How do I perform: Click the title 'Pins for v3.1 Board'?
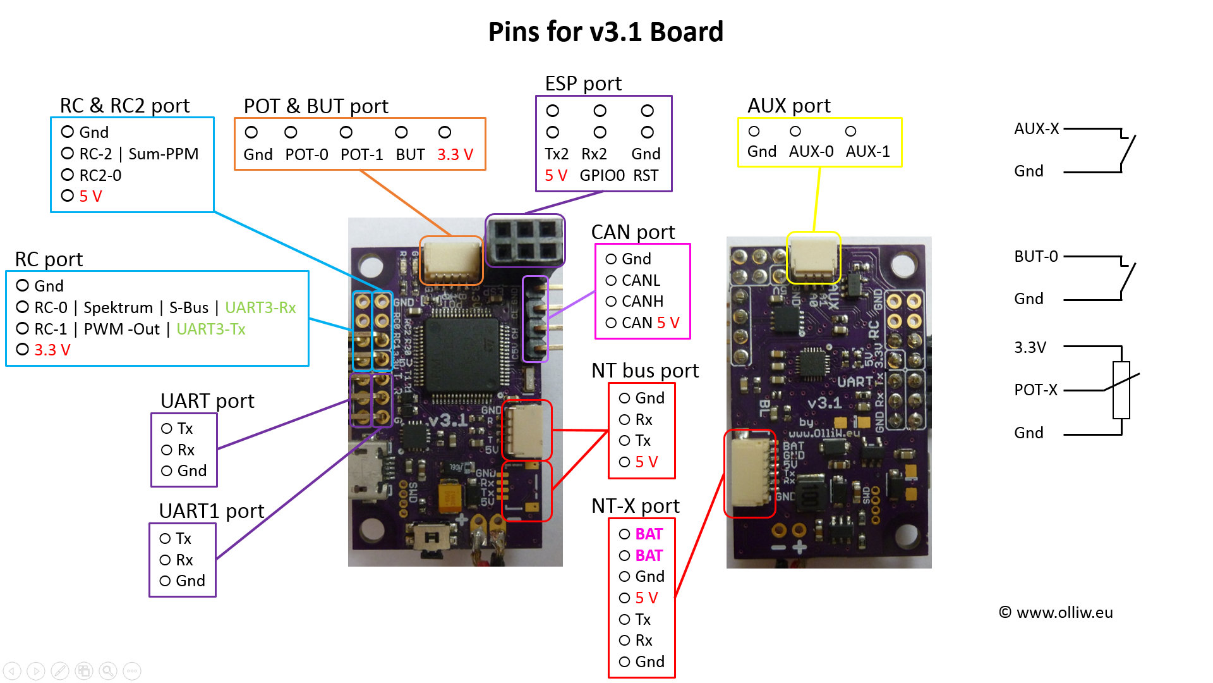[x=605, y=32]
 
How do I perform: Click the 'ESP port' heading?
[x=583, y=83]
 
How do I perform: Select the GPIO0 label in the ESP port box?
[x=602, y=176]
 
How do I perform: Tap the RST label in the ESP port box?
[x=646, y=176]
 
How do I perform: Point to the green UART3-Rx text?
[x=260, y=308]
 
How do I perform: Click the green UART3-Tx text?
[x=210, y=329]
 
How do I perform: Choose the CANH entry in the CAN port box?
[x=643, y=302]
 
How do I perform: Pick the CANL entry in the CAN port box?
[x=641, y=281]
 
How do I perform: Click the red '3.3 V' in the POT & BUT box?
[x=455, y=155]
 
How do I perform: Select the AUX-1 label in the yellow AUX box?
[x=867, y=152]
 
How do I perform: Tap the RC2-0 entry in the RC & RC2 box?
[x=100, y=176]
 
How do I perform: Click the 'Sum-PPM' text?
[x=164, y=154]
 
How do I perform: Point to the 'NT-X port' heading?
[x=635, y=506]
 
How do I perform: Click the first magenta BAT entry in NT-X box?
[x=649, y=534]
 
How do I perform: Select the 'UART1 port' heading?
[x=211, y=511]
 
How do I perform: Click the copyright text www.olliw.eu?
[x=1064, y=613]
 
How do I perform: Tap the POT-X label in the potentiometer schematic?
[x=1035, y=390]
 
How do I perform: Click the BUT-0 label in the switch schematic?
[x=1035, y=257]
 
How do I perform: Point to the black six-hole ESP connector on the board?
[x=525, y=240]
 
